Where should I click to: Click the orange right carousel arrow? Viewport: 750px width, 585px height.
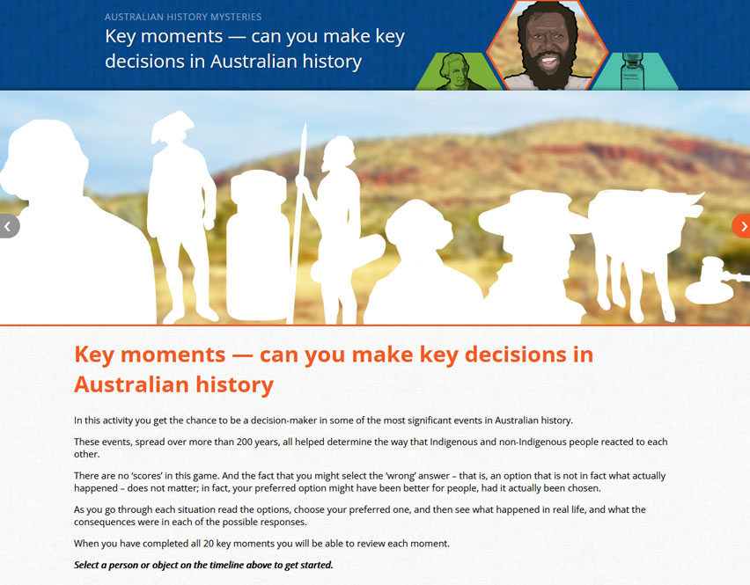point(742,226)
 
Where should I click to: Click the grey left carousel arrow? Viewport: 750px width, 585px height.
point(9,226)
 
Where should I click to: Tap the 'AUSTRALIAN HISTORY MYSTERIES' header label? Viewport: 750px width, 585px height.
point(183,17)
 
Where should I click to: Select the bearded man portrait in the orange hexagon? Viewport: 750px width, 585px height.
point(548,46)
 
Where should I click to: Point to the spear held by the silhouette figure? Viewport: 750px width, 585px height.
point(298,223)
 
